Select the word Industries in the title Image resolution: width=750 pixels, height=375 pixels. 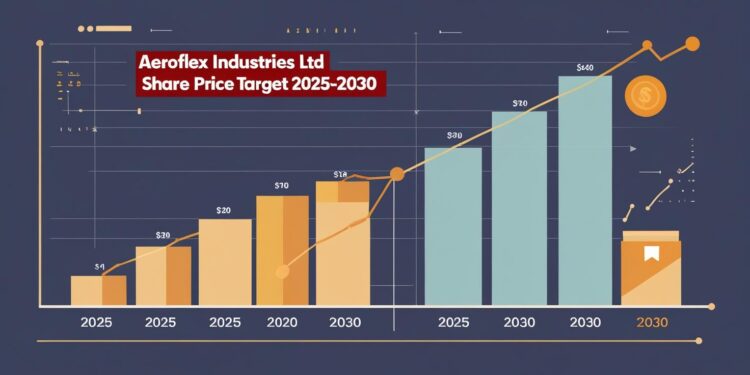point(261,62)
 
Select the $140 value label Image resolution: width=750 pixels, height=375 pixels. point(585,68)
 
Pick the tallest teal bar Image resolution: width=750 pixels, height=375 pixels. point(585,190)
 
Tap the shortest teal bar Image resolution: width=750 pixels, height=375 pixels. point(453,226)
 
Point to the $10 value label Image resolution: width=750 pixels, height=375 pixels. point(281,185)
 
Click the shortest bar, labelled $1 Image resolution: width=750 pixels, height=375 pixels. point(98,290)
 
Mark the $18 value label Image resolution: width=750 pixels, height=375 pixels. point(340,174)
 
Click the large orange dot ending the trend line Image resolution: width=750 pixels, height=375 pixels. point(691,43)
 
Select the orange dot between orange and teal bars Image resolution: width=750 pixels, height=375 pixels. point(396,175)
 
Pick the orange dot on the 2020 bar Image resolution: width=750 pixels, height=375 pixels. point(282,271)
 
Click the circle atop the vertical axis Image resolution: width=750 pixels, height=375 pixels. point(39,43)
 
